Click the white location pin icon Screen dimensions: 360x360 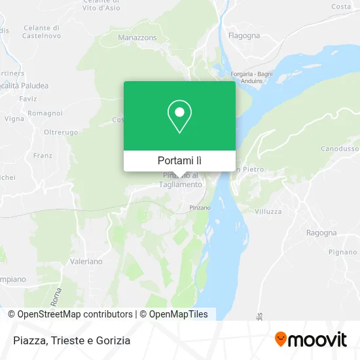click(x=179, y=117)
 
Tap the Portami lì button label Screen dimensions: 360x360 click(x=179, y=160)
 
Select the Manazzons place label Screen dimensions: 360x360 click(x=137, y=38)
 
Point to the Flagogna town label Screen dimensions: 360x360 click(x=244, y=35)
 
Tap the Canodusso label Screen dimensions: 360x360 click(x=340, y=150)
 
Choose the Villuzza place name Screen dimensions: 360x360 click(x=268, y=212)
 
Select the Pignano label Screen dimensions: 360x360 click(x=342, y=252)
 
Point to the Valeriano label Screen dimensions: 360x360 click(x=86, y=261)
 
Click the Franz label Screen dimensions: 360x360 click(x=42, y=156)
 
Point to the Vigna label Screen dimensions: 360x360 click(x=14, y=118)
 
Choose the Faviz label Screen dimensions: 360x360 click(x=28, y=99)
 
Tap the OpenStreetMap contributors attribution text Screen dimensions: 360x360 click(x=75, y=314)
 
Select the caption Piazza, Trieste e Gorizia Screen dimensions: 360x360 click(x=71, y=340)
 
